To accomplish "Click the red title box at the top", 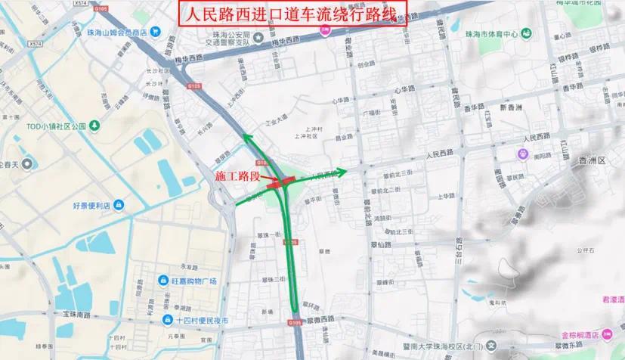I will point(292,13).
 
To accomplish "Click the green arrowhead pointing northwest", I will point(246,137).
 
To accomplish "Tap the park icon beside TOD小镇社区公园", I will point(94,125).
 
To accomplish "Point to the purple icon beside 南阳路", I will point(522,154).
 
